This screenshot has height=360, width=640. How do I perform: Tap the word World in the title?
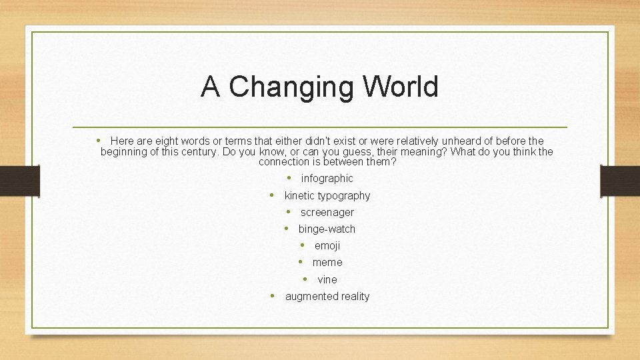[401, 87]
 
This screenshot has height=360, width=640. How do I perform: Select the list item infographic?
[327, 179]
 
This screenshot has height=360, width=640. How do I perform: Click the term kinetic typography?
[327, 195]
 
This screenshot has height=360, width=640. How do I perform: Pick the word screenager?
[327, 213]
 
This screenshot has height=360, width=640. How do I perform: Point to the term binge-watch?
[327, 229]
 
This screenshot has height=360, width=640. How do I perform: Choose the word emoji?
[327, 246]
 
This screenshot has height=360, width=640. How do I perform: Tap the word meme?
[327, 263]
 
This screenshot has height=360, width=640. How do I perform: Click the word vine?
[327, 280]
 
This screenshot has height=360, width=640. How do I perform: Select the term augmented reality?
[327, 297]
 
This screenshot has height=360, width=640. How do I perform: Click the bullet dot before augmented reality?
[273, 296]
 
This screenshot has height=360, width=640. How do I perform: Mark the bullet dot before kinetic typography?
[272, 195]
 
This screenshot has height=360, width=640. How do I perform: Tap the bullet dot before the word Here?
[98, 140]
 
